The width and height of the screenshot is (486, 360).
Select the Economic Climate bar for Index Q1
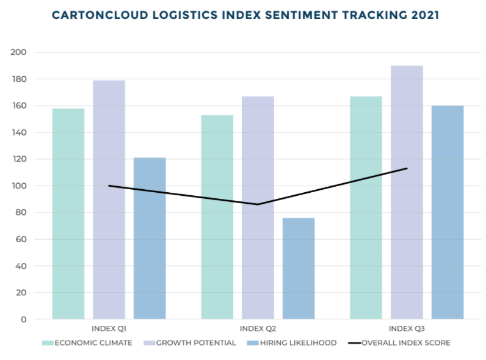68,214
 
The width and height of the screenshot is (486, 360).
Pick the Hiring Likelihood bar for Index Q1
150,238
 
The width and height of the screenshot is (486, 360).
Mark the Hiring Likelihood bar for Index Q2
299,268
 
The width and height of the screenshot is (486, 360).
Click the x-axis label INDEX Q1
109,328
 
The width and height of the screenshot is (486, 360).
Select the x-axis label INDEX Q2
258,328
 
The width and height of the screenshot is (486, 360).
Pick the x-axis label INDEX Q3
406,328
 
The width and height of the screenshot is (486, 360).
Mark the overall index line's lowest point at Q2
258,204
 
